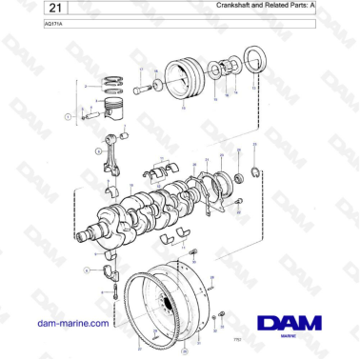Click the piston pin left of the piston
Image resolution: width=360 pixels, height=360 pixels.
pos(91,116)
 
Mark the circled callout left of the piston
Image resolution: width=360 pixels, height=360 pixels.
pos(68,116)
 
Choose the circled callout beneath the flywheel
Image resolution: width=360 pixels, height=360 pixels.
pos(186,351)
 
